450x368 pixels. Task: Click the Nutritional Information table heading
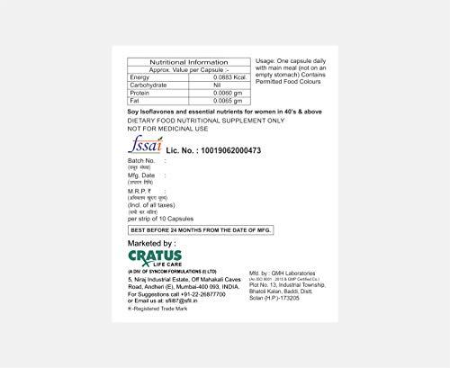click(x=188, y=62)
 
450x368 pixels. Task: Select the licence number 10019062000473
click(x=236, y=150)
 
